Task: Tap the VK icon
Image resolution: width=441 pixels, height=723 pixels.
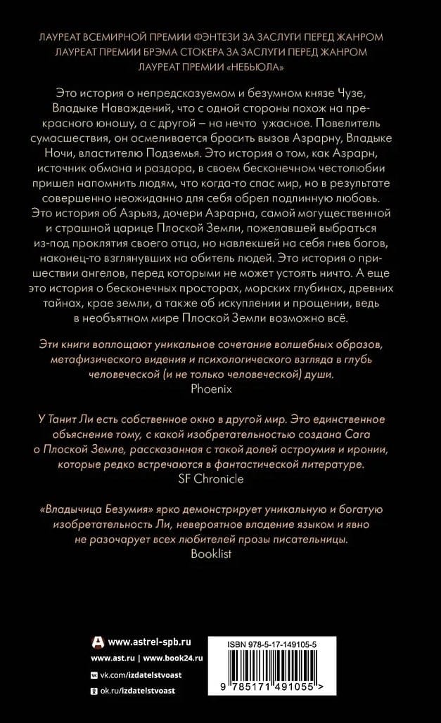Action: pos(94,675)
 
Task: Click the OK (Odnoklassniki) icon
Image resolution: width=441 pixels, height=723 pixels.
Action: pos(94,691)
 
